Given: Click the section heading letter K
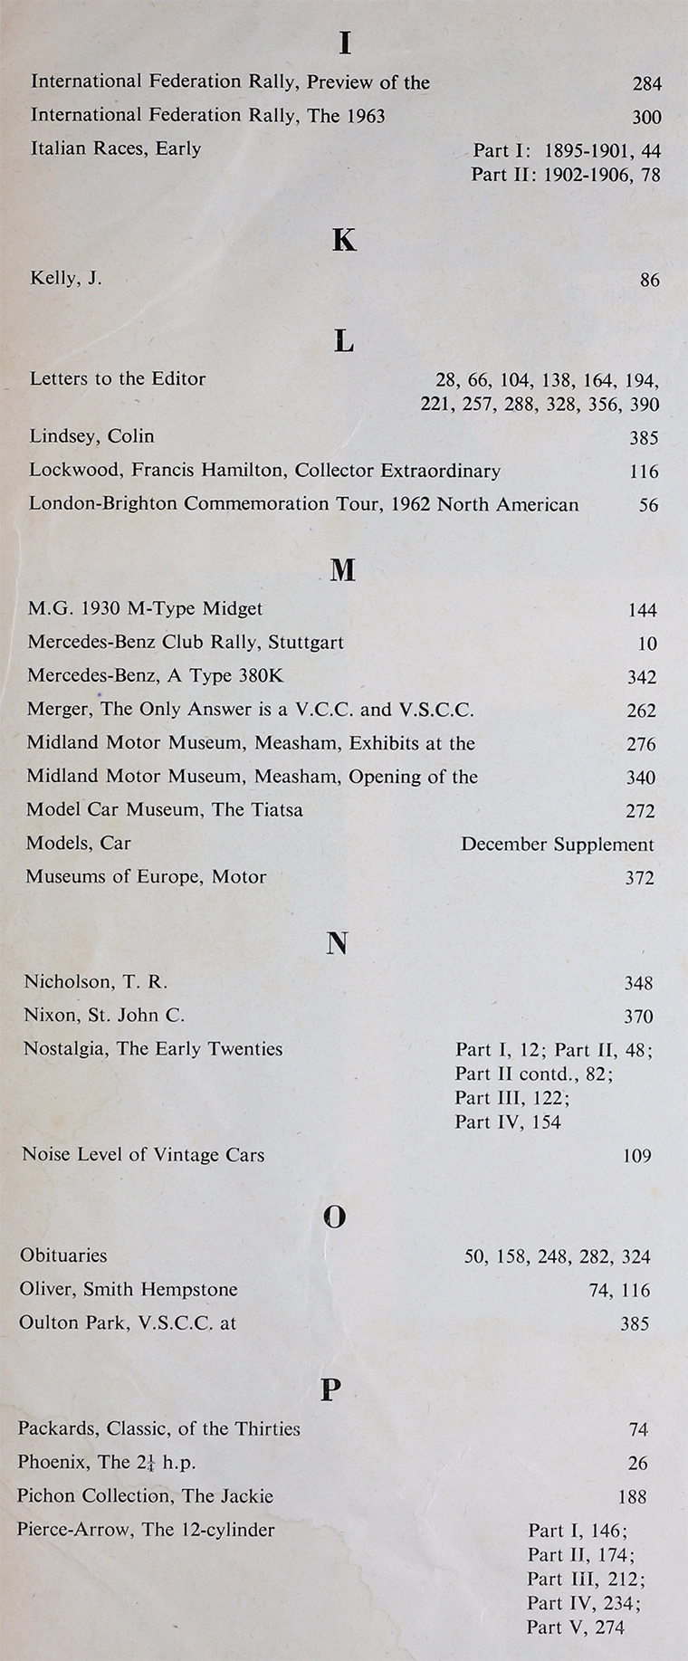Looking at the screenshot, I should point(344,240).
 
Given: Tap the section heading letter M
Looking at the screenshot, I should point(343,569).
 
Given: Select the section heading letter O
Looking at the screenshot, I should point(334,1217).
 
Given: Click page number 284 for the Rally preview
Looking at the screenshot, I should point(646,83).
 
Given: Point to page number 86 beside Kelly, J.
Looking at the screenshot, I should point(649,280).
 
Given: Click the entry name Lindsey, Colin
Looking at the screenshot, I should point(91,436).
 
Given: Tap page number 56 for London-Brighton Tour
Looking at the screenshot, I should point(648,505).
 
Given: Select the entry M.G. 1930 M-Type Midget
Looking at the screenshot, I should point(145,609).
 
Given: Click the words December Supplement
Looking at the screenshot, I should point(557,845).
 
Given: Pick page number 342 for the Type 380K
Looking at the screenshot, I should point(642,677).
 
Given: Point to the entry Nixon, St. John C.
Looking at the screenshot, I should point(104,1016).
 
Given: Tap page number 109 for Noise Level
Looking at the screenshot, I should point(637,1156).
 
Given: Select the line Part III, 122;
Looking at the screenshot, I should point(512,1098).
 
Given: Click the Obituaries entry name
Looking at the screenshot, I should point(63,1255).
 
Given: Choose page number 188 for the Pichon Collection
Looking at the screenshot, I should point(632,1497).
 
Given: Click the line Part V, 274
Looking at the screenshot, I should point(575,1628).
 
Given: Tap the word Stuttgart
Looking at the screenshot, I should point(306,643).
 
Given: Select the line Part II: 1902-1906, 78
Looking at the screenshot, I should point(566,175).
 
